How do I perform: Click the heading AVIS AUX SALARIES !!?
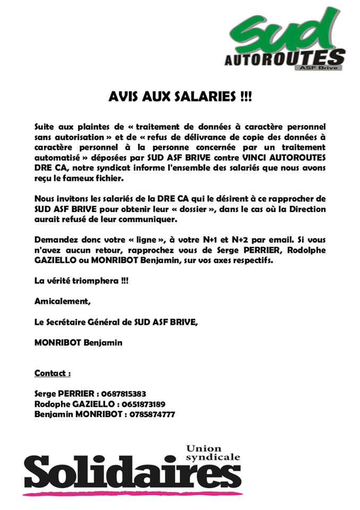point(180,97)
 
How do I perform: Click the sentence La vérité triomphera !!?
point(81,280)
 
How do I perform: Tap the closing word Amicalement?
point(62,301)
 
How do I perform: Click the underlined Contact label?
point(53,373)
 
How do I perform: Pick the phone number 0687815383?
point(122,394)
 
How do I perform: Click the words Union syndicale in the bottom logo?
point(213,453)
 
